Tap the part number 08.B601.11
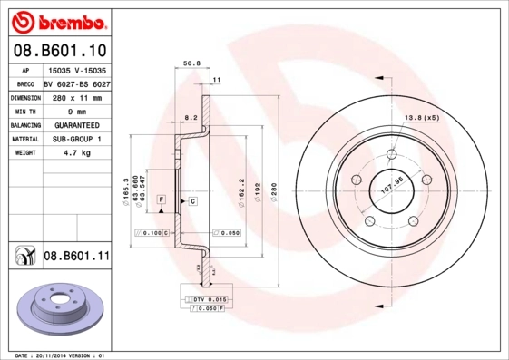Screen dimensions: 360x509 (x=76, y=257)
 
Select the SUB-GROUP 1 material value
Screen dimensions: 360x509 (x=77, y=140)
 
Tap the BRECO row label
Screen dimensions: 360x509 (x=25, y=83)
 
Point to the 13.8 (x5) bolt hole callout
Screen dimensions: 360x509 (x=421, y=118)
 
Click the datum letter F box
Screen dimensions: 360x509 (x=161, y=199)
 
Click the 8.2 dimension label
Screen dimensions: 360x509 (x=191, y=118)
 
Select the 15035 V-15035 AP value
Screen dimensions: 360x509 (x=76, y=69)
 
